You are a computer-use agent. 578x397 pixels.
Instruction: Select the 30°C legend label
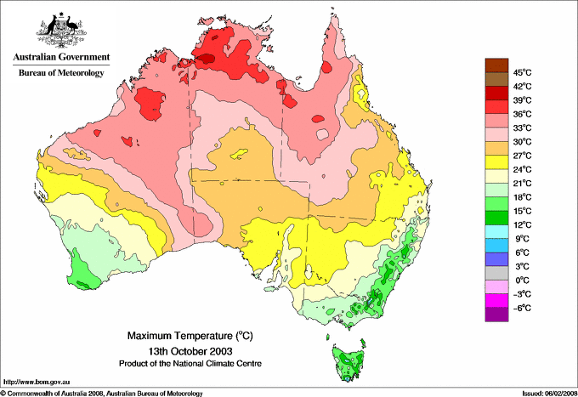click(522, 141)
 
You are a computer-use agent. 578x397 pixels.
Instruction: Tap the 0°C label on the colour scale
click(522, 280)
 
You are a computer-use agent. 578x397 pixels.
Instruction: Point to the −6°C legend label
click(522, 308)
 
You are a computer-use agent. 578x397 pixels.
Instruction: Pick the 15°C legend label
click(522, 211)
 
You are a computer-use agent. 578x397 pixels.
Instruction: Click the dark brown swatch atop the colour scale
click(496, 65)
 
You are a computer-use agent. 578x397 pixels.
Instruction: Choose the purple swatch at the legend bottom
click(496, 315)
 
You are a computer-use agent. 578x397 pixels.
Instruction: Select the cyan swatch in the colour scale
click(496, 231)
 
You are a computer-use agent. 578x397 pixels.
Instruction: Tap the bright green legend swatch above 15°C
click(496, 204)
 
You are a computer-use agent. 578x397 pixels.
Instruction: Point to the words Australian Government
click(61, 58)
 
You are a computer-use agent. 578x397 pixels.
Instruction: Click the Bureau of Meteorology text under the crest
click(61, 73)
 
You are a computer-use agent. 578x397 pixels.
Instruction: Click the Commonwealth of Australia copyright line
click(102, 393)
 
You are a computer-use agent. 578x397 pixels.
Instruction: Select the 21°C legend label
click(522, 183)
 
